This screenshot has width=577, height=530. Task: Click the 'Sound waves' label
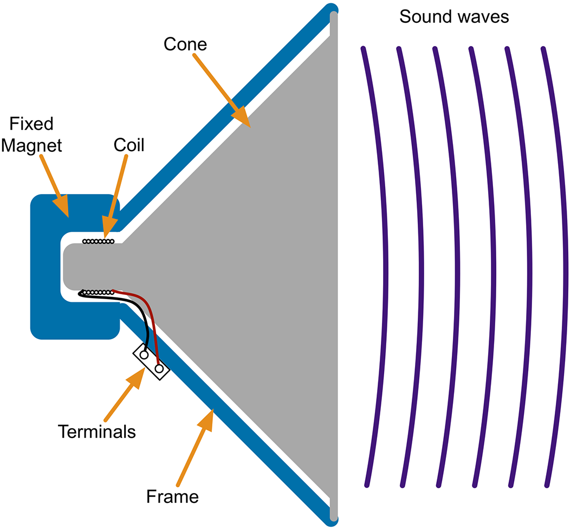[454, 16]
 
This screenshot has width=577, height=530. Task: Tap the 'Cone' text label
[185, 43]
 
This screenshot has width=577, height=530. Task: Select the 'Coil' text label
[129, 145]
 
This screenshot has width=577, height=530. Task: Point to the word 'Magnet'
[31, 145]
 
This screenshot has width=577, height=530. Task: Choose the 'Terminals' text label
[96, 431]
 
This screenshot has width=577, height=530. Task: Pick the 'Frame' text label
[173, 495]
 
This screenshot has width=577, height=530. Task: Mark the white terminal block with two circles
[152, 362]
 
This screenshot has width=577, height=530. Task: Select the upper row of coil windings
[98, 241]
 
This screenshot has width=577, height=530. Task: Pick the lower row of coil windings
[98, 293]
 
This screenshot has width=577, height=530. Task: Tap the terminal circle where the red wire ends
[159, 369]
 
